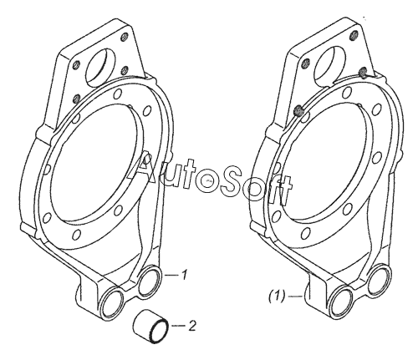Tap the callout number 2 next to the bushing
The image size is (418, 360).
tap(192, 326)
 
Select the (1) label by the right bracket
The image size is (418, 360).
tap(277, 296)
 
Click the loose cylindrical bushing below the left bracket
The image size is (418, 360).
tap(150, 326)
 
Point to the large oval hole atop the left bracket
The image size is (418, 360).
tap(98, 66)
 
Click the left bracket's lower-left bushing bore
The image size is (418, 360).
tap(112, 302)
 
